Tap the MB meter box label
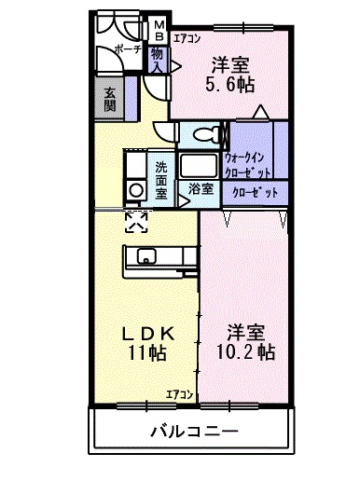159,30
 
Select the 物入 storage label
159,62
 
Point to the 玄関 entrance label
110,96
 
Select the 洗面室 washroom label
161,180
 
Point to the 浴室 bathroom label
200,188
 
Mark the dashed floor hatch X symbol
136,221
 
